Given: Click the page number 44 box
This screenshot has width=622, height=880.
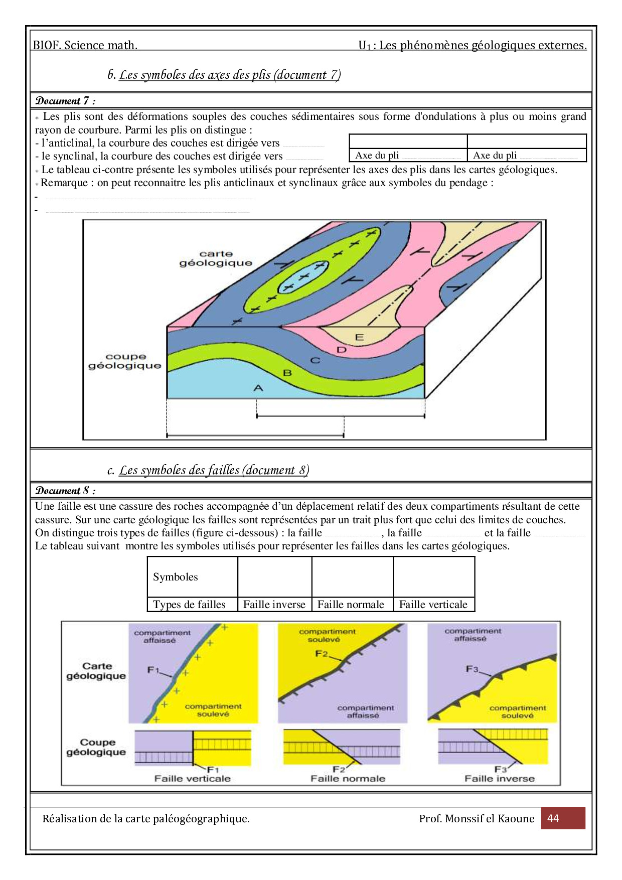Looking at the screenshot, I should pyautogui.click(x=562, y=818).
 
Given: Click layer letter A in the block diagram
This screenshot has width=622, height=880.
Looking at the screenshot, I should pyautogui.click(x=258, y=388).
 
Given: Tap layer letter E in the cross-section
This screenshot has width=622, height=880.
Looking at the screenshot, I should pyautogui.click(x=359, y=337).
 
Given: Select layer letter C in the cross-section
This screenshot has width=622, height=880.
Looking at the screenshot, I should pyautogui.click(x=315, y=360).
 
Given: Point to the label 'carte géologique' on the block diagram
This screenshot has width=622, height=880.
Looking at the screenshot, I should pyautogui.click(x=216, y=258).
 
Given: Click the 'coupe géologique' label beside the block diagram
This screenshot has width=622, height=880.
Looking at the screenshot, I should pyautogui.click(x=125, y=361).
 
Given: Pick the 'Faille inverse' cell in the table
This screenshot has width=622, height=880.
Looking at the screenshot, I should pyautogui.click(x=274, y=605).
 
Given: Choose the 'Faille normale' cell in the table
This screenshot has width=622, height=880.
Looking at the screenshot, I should pyautogui.click(x=351, y=605).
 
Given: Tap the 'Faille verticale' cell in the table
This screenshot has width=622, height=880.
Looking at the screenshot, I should pyautogui.click(x=433, y=605).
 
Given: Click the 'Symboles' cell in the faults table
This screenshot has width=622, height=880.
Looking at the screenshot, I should pyautogui.click(x=176, y=577).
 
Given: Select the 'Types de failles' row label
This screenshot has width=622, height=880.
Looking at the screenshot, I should pyautogui.click(x=190, y=605).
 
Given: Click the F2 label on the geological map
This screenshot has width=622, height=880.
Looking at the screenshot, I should pyautogui.click(x=322, y=654).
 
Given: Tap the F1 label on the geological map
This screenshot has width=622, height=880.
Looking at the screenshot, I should pyautogui.click(x=153, y=670).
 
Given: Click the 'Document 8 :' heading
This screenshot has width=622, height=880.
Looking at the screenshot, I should pyautogui.click(x=65, y=491).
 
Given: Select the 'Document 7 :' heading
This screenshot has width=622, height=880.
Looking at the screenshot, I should pyautogui.click(x=65, y=101).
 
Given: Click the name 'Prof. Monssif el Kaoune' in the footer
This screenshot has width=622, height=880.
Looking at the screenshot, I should pyautogui.click(x=477, y=819).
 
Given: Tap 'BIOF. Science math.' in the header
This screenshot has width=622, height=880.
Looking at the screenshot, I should pyautogui.click(x=85, y=46).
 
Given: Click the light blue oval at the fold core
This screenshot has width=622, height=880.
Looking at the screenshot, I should pyautogui.click(x=302, y=277).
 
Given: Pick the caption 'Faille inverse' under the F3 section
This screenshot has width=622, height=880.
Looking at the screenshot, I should pyautogui.click(x=500, y=779).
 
